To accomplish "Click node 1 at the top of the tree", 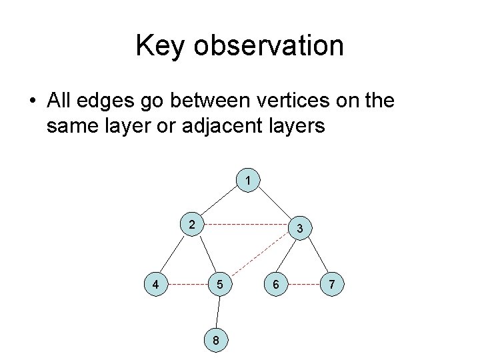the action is (x=248, y=181).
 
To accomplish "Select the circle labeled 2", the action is (x=193, y=225).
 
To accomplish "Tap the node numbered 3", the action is (x=300, y=229).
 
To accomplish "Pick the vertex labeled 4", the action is (x=156, y=285).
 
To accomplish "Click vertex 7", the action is (x=332, y=285).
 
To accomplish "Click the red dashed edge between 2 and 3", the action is (x=247, y=225).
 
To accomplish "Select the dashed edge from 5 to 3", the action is (x=260, y=257).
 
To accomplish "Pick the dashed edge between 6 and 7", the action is (x=303, y=285).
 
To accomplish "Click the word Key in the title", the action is (x=160, y=46).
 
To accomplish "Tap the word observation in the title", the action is (x=269, y=46).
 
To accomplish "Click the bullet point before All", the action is (x=31, y=101).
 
